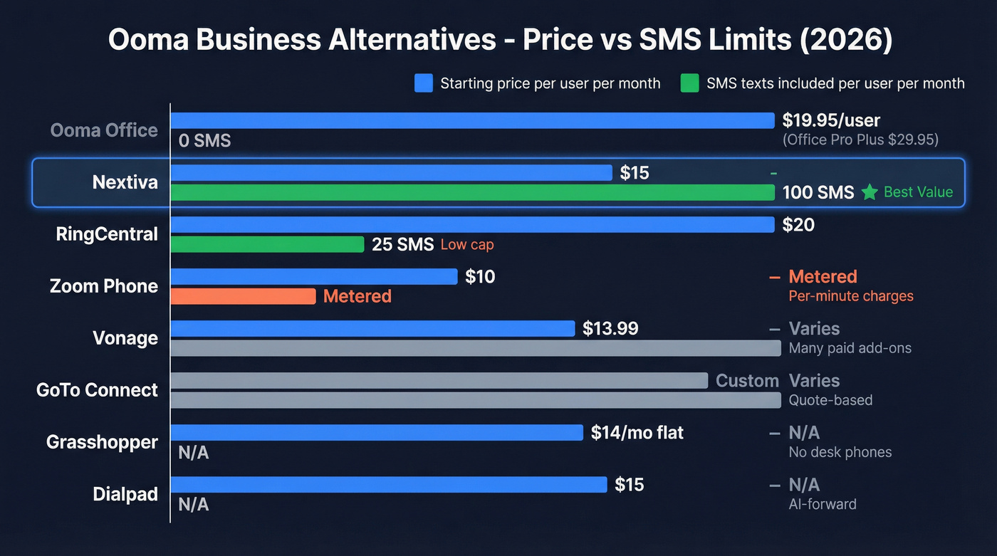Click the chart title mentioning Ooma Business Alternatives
[x=499, y=40]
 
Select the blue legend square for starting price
[x=423, y=83]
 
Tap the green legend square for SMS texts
[x=689, y=83]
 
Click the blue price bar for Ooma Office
[x=471, y=120]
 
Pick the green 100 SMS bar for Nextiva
[x=471, y=192]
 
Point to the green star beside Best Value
[x=869, y=192]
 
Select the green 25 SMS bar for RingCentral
[x=267, y=244]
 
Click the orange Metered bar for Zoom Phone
[x=242, y=296]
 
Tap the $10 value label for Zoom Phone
[x=480, y=276]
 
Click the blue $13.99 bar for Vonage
[x=372, y=328]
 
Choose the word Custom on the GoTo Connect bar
[x=747, y=381]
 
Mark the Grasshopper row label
[x=102, y=442]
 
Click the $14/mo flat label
[x=637, y=432]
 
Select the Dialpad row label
[x=125, y=494]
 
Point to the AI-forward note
[x=823, y=504]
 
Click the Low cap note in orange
[x=466, y=245]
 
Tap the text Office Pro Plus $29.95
[x=860, y=140]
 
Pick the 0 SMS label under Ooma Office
[x=204, y=141]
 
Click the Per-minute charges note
[x=850, y=295]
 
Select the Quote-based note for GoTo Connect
[x=830, y=400]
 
